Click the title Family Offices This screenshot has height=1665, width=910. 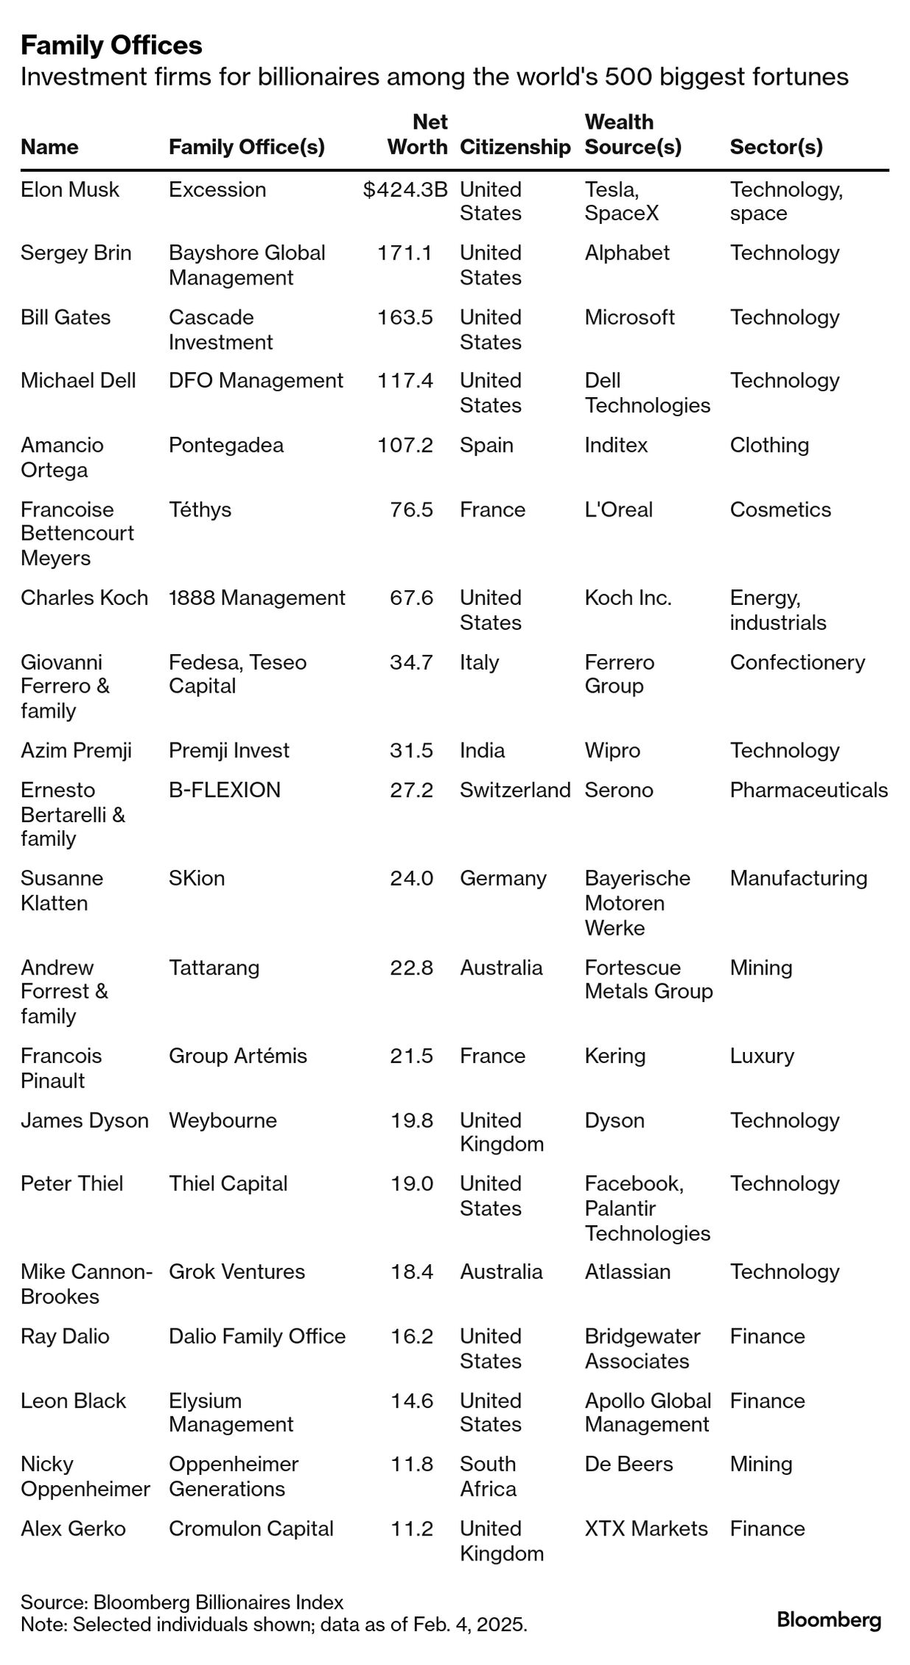tap(111, 46)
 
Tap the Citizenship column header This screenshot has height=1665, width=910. tap(514, 147)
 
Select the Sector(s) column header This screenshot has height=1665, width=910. tap(776, 147)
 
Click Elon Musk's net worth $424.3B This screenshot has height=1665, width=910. tap(405, 189)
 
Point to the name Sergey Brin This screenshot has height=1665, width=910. tap(76, 253)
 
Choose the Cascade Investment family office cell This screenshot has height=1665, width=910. tap(220, 329)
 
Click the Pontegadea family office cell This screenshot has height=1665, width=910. tap(225, 445)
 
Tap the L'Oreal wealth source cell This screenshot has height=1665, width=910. tap(618, 509)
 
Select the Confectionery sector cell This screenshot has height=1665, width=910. tap(797, 662)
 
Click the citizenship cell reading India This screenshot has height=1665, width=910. tap(482, 750)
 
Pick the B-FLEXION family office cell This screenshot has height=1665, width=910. tap(225, 790)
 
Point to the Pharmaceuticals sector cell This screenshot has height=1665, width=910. tap(808, 790)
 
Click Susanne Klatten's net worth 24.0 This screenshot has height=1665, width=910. tap(411, 878)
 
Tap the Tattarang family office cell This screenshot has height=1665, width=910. tap(214, 967)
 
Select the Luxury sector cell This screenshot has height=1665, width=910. tap(762, 1056)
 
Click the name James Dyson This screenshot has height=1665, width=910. tap(85, 1120)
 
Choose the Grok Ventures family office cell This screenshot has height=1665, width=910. tap(237, 1272)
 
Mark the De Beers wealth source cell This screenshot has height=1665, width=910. tap(629, 1464)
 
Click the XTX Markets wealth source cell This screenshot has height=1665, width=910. tap(645, 1529)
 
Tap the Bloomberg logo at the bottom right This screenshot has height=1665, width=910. tap(829, 1620)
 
